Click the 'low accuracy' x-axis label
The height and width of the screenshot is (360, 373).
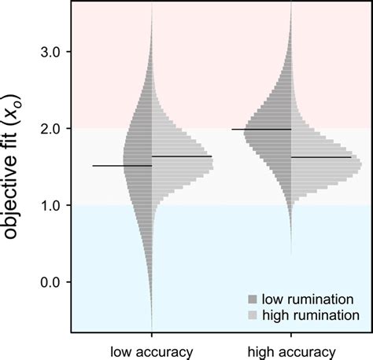151,351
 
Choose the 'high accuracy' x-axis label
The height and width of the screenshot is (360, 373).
291,351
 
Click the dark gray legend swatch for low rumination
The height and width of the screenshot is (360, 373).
252,299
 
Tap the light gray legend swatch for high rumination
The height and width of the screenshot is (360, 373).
252,314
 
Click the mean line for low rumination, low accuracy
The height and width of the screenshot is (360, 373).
122,166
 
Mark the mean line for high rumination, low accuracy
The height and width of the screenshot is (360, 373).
182,156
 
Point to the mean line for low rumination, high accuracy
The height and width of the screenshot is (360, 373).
261,129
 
